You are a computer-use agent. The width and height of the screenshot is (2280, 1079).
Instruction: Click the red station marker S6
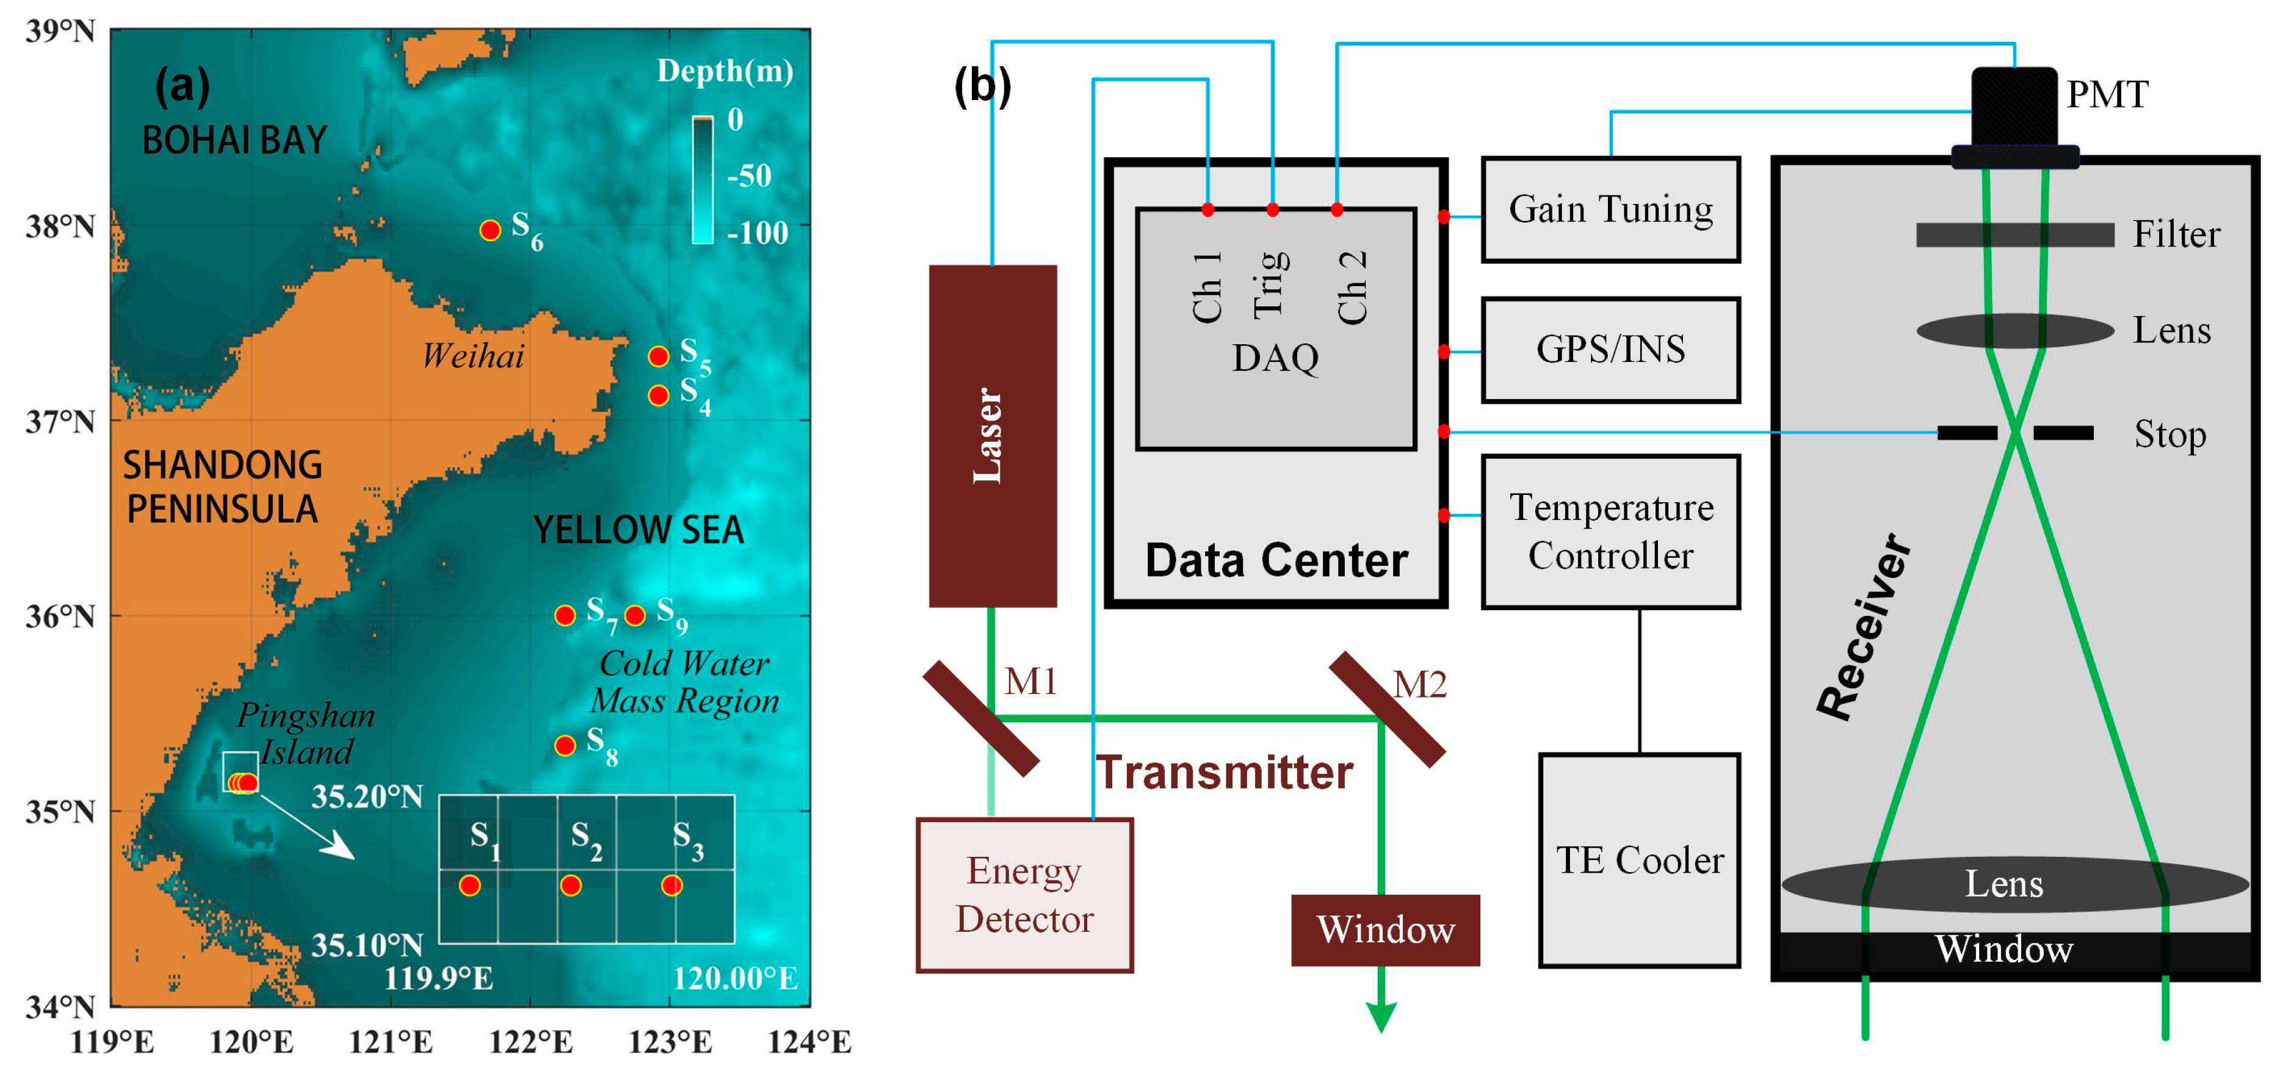[490, 230]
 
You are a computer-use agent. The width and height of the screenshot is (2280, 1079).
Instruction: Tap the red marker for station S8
[565, 745]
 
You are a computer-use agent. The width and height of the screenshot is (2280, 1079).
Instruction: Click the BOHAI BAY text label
[234, 140]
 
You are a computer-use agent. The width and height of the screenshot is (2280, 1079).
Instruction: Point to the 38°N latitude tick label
[60, 226]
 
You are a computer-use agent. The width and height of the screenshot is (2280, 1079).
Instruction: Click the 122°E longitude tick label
[531, 1042]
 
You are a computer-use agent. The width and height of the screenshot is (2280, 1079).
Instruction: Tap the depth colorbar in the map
[702, 179]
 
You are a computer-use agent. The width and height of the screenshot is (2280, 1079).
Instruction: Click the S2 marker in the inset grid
[571, 885]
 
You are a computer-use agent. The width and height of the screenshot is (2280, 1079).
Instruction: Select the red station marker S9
[635, 615]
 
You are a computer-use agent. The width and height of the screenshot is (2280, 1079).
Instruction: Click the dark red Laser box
[992, 436]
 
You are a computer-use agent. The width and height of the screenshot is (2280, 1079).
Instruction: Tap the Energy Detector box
[1024, 895]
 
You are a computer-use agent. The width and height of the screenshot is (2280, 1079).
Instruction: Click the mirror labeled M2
[1386, 709]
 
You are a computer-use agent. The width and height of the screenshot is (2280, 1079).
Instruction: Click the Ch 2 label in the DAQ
[1352, 287]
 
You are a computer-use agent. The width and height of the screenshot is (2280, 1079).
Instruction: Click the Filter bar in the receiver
[2014, 234]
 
